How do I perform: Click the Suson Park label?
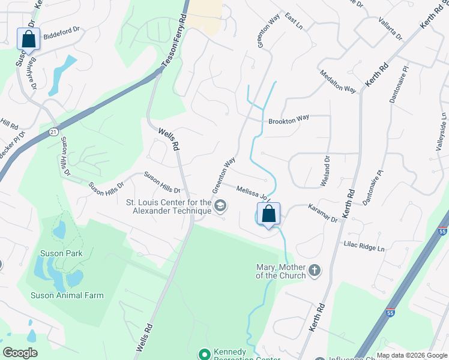tap(61, 253)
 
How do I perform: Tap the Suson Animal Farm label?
tap(67, 295)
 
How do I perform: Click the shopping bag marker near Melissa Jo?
tap(268, 214)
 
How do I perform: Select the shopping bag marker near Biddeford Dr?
tap(28, 39)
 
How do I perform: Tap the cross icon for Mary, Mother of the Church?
tap(315, 271)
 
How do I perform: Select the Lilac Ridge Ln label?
tap(364, 245)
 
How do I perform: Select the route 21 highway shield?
tap(53, 131)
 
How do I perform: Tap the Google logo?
tap(20, 353)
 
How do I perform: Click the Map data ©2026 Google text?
tap(412, 355)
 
